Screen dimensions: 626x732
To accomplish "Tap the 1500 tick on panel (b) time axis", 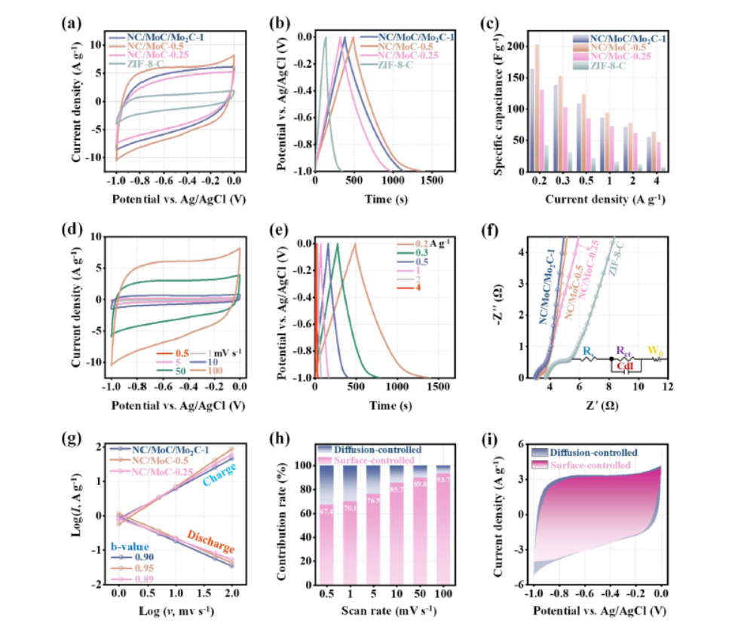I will (x=432, y=182).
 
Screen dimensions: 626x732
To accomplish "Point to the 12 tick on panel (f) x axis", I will (x=666, y=386).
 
